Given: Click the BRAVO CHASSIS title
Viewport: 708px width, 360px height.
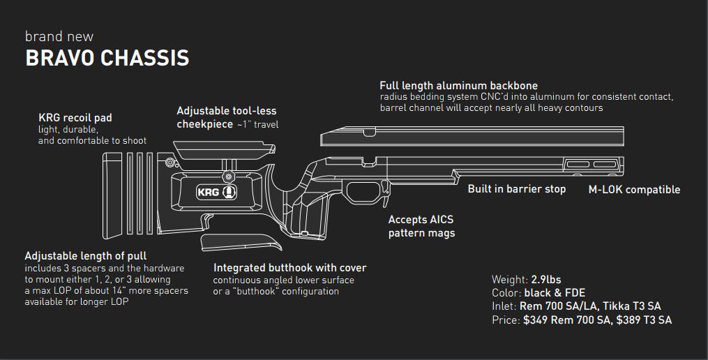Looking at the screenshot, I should pos(107,58).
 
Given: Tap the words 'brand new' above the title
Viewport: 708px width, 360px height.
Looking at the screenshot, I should pos(59,36).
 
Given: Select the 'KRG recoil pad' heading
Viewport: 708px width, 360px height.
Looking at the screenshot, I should pos(75,118).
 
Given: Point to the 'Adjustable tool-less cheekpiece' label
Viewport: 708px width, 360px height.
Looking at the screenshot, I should pos(226,117).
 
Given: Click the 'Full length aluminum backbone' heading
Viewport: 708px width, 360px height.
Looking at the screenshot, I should pos(458,86).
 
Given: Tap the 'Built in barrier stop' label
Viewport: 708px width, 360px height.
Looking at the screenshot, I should pos(516,189).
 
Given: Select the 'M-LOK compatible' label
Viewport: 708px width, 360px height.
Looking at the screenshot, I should pos(634,190).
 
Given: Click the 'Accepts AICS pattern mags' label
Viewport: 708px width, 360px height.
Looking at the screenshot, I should pos(421,226).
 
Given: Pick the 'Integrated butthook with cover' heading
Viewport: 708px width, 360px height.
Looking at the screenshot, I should pos(289,268).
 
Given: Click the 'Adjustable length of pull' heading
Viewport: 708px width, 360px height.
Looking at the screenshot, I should pos(85,256).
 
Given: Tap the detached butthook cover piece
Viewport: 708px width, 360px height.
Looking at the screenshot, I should pos(241,243).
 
